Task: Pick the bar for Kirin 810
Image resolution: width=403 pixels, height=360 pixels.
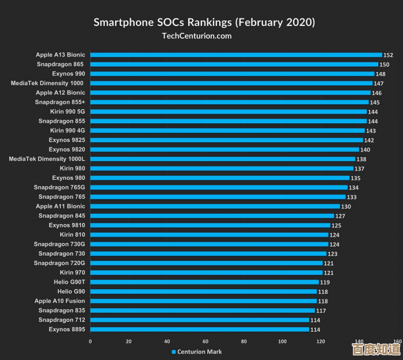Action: [x=209, y=234]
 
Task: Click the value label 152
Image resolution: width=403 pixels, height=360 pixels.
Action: [x=388, y=55]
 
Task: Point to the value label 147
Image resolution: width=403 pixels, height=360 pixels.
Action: [x=378, y=84]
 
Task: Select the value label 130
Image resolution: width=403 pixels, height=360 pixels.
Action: [x=346, y=207]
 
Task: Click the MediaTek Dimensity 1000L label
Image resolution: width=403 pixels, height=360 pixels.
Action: [x=47, y=159]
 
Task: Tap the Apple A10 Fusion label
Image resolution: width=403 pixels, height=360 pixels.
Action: [x=59, y=301]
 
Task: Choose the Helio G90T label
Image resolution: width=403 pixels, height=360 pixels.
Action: [x=69, y=282]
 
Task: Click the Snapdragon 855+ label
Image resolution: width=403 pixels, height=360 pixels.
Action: [x=60, y=102]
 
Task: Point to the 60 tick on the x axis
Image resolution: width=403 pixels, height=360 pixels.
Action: [x=205, y=342]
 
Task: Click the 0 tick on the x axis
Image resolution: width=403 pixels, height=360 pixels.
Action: [x=90, y=342]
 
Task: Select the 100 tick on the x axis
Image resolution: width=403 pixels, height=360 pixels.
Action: [x=282, y=342]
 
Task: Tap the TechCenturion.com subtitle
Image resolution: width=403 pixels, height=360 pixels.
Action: [x=197, y=36]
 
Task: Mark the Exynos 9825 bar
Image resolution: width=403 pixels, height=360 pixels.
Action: [x=226, y=140]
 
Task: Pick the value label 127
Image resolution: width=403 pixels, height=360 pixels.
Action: [x=340, y=216]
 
